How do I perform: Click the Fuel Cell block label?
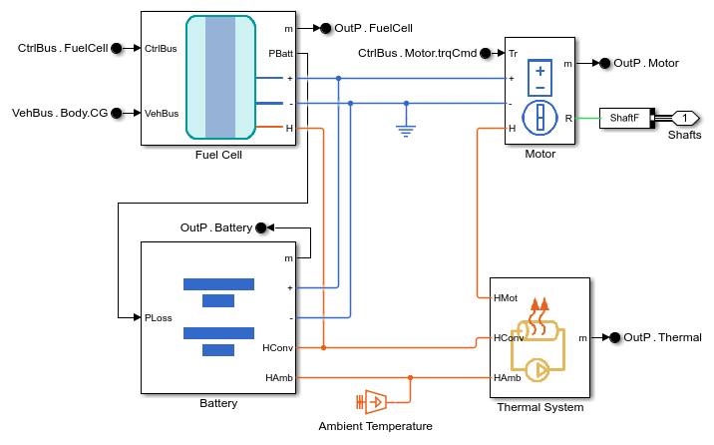point(218,155)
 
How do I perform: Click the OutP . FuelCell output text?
point(374,29)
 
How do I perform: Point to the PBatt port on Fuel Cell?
point(281,53)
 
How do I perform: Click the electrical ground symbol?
point(406,129)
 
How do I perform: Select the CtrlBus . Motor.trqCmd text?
point(418,53)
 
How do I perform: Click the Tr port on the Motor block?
point(514,53)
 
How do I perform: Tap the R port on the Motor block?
point(567,118)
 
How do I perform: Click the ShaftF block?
point(624,118)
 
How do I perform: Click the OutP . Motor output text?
point(645,63)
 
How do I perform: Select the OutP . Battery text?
point(215,227)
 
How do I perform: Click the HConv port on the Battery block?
point(276,347)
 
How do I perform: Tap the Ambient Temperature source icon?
point(371,402)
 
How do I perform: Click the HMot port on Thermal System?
point(506,297)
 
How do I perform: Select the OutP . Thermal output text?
point(662,337)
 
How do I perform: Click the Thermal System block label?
point(539,407)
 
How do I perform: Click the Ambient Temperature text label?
point(375,426)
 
